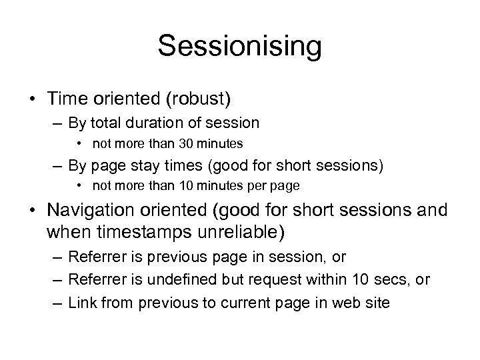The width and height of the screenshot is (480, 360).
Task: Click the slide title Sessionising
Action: tap(240, 47)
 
